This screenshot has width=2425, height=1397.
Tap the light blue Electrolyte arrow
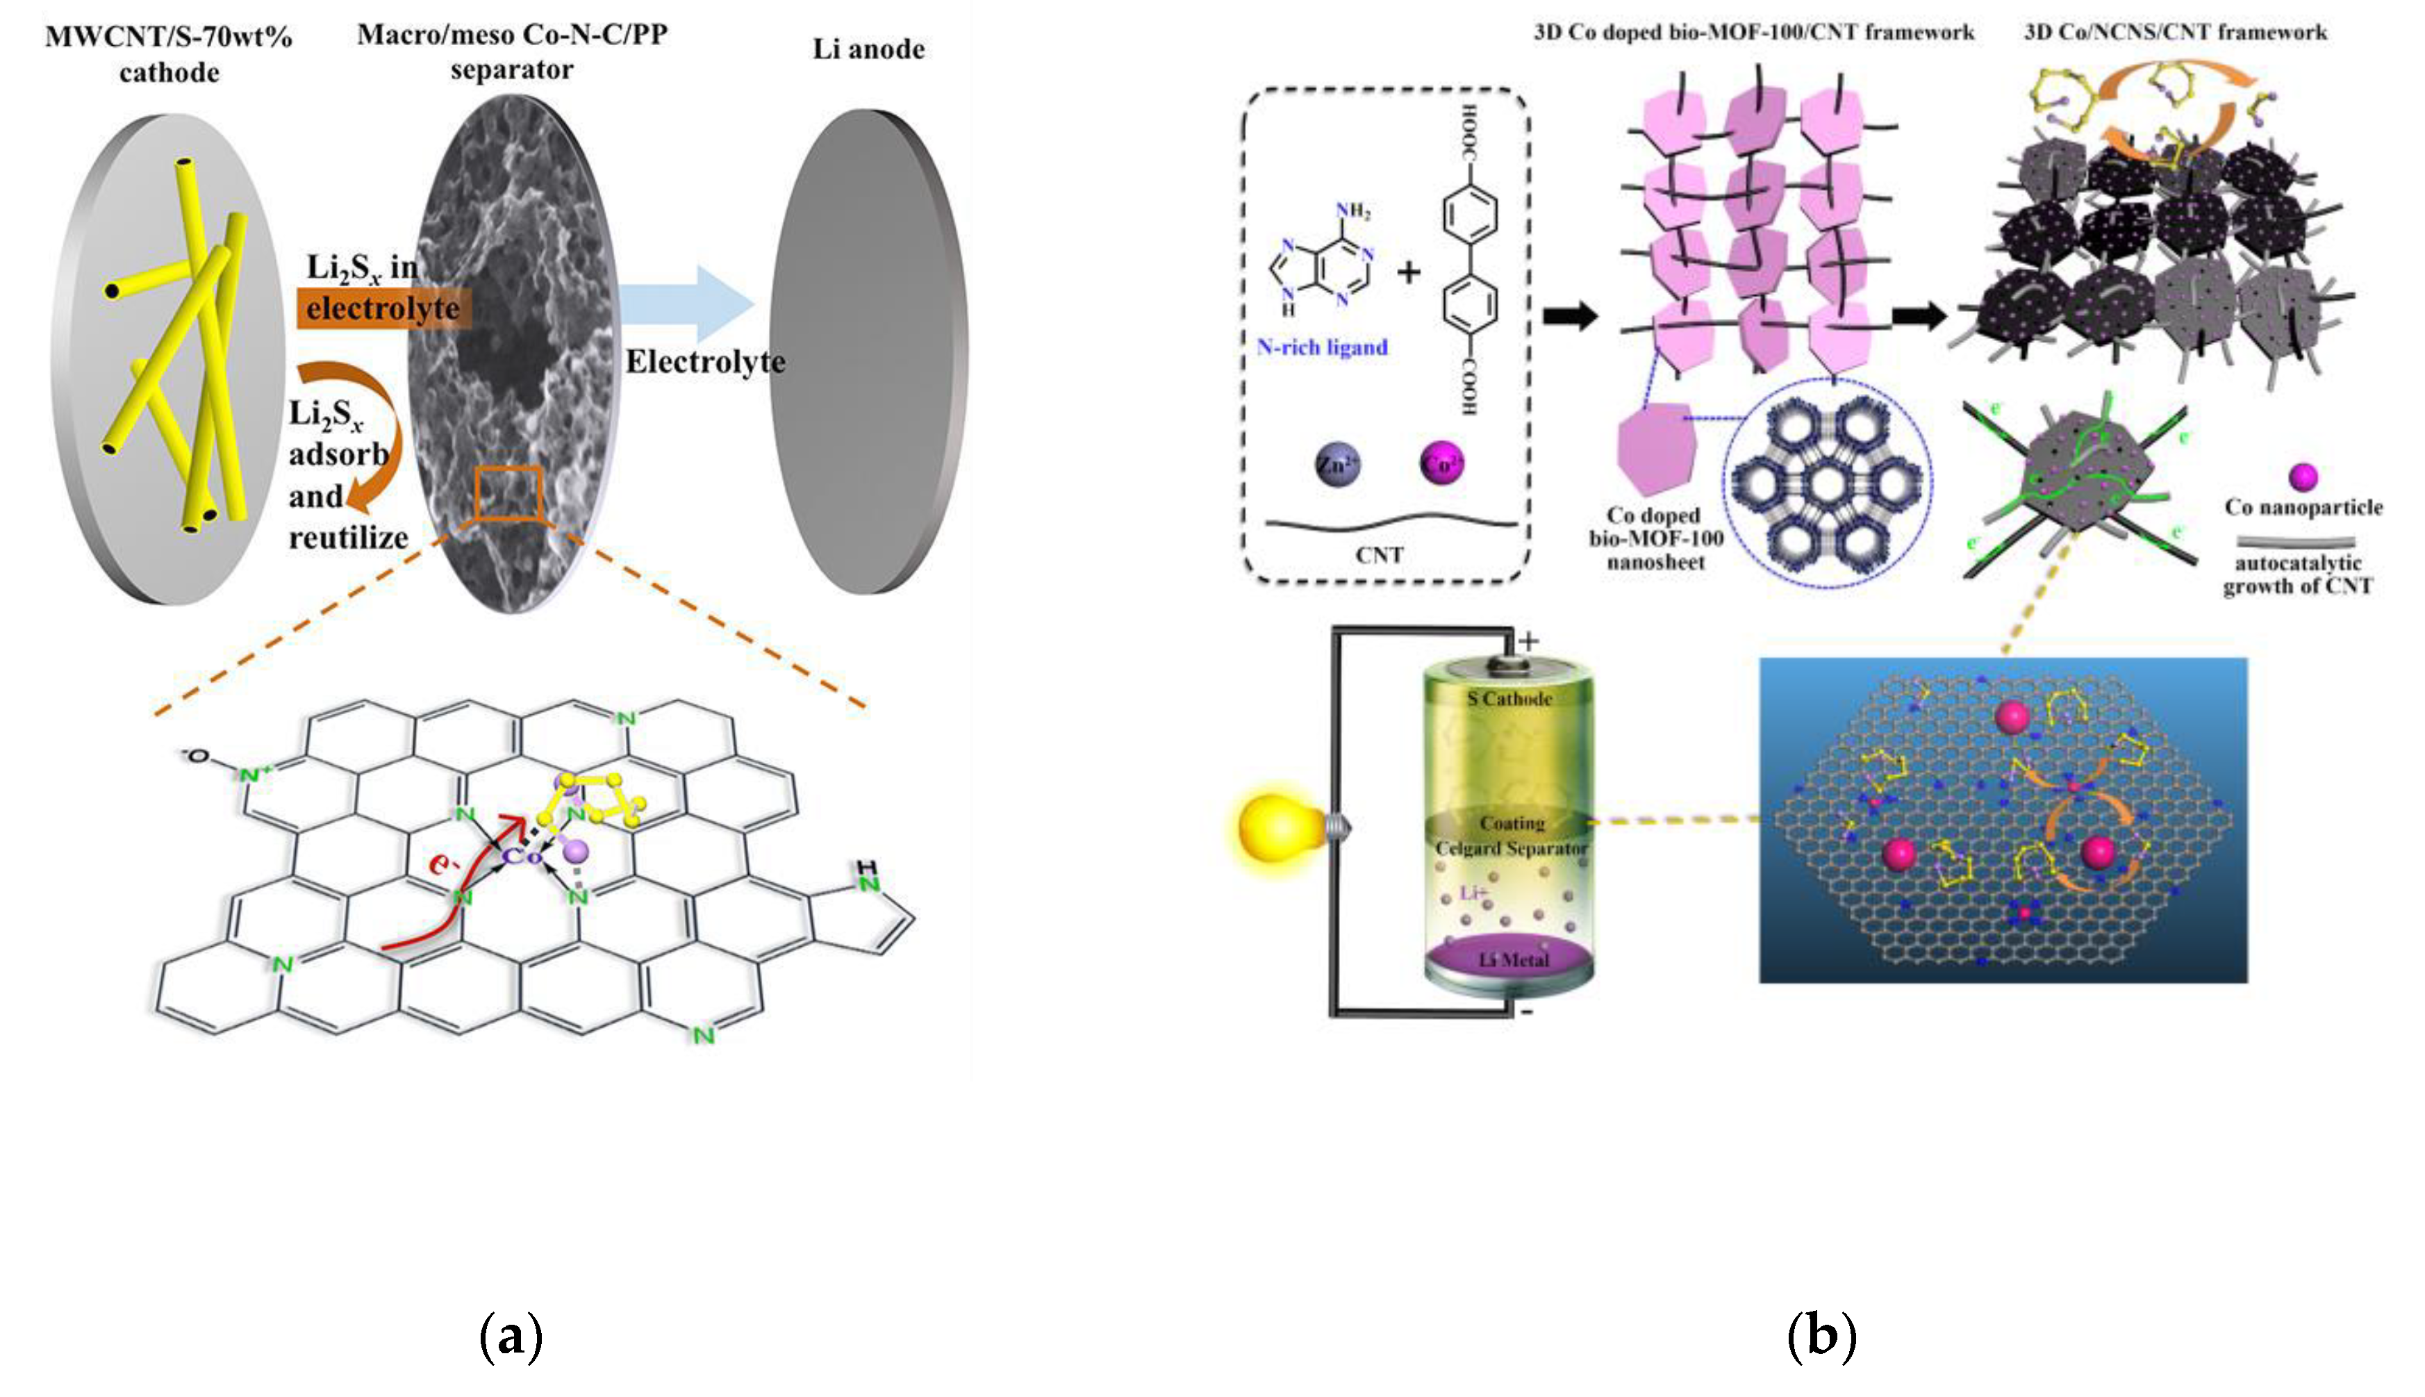[686, 304]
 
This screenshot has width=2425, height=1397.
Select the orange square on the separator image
[508, 494]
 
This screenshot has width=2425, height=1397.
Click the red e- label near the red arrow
[443, 863]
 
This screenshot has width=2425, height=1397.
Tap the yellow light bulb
[1281, 827]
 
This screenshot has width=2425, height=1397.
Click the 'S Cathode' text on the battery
[1509, 699]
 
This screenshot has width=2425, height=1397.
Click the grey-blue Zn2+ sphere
[1337, 465]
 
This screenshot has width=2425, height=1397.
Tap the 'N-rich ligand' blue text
[1322, 347]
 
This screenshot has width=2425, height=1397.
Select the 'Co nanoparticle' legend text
[2303, 506]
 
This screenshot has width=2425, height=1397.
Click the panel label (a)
[511, 1336]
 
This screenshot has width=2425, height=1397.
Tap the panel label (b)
[1821, 1336]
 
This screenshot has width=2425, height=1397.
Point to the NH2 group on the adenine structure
[1352, 211]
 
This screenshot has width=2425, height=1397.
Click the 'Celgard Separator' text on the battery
[1511, 848]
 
